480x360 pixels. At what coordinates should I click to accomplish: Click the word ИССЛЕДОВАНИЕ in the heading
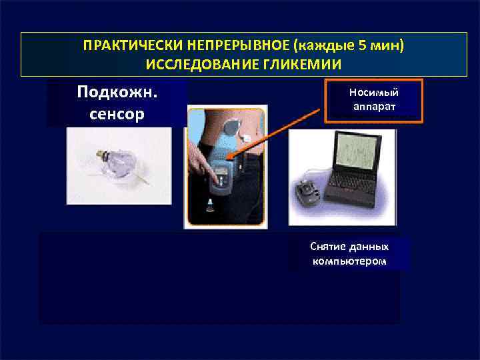click(x=199, y=65)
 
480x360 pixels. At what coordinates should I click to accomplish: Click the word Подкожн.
click(x=117, y=91)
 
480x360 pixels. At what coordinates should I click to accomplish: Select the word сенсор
click(x=117, y=113)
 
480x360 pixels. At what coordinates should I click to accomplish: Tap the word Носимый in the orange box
click(x=373, y=92)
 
